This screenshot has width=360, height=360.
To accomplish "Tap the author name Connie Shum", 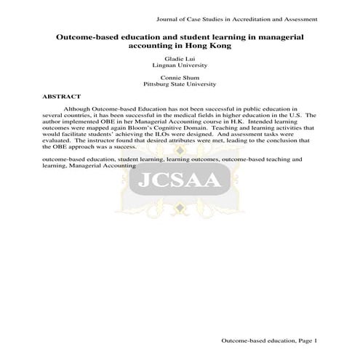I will click(180, 77).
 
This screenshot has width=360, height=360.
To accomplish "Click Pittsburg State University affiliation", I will click(180, 84).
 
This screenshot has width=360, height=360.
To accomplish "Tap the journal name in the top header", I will click(243, 17).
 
